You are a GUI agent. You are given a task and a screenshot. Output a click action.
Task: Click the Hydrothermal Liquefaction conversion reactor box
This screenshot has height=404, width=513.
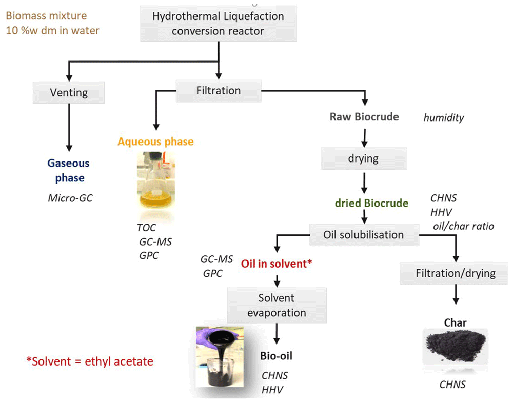(218, 24)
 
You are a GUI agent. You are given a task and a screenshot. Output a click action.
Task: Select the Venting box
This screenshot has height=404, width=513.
(69, 92)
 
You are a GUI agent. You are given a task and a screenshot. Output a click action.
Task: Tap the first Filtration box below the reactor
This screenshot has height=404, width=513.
(219, 91)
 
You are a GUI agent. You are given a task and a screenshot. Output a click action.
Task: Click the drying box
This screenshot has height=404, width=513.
(364, 158)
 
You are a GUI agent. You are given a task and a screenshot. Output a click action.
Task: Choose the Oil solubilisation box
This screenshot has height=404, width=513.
(364, 235)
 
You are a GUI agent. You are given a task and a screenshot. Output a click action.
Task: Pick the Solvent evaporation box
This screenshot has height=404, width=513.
(277, 305)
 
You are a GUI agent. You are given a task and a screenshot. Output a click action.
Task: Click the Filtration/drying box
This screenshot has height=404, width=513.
(456, 273)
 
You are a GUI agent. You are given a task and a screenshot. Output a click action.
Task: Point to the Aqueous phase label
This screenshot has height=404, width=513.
(155, 142)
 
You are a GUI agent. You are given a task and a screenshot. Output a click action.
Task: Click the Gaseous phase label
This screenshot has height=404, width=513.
(69, 170)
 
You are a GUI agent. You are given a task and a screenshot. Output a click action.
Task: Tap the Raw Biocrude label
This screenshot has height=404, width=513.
(364, 117)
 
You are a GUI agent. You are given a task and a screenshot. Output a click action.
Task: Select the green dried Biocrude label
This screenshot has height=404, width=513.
(371, 203)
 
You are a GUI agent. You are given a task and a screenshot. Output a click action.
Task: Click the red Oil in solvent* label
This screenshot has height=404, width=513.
(277, 264)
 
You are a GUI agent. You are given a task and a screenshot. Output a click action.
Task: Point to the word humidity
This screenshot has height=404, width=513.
(444, 118)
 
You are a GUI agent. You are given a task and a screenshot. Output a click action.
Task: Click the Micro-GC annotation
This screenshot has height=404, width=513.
(70, 198)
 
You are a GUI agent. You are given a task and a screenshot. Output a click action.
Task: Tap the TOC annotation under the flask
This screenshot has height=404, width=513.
(146, 228)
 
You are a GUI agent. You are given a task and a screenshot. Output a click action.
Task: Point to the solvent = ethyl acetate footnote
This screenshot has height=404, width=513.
(90, 361)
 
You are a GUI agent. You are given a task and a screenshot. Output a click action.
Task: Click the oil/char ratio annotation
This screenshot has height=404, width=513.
(463, 226)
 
